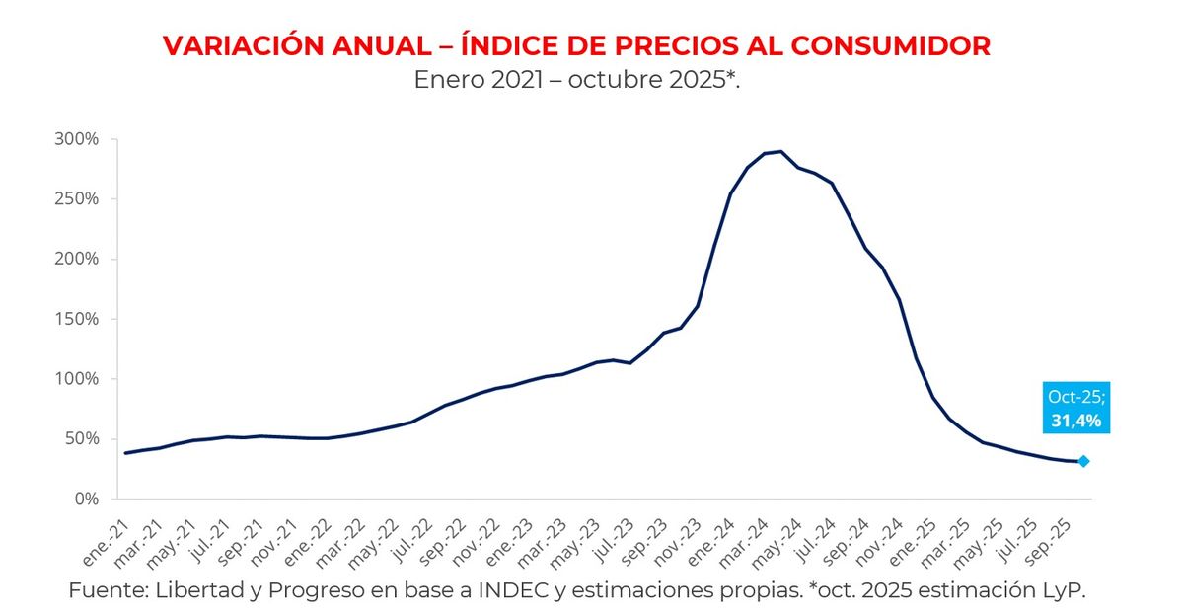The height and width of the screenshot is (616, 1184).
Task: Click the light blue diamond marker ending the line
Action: coord(1083,461)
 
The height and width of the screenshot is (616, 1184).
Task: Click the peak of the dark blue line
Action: coord(780,151)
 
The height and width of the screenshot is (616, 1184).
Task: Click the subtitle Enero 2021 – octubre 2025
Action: coord(576,80)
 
